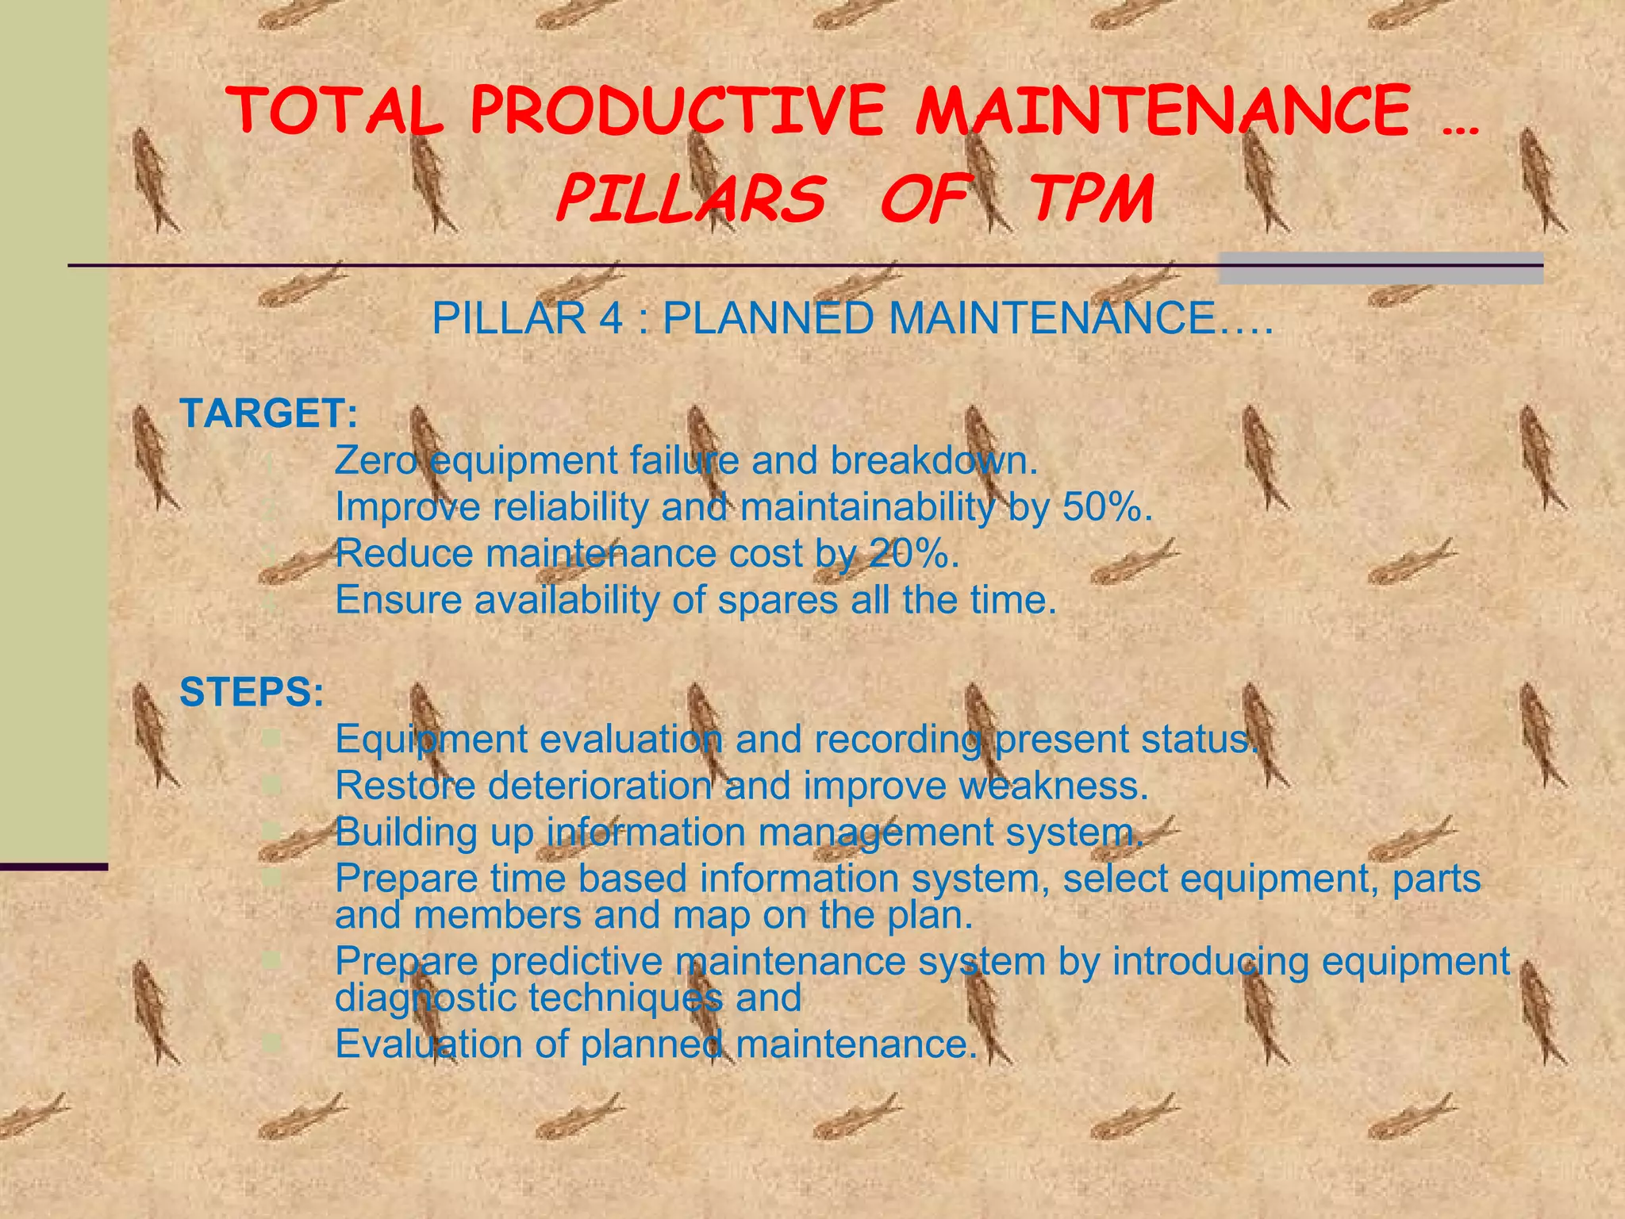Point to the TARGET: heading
(x=269, y=413)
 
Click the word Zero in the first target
(x=375, y=460)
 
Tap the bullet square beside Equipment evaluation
(x=271, y=740)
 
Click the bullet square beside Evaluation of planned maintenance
(x=271, y=1043)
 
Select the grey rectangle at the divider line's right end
(x=1381, y=268)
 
